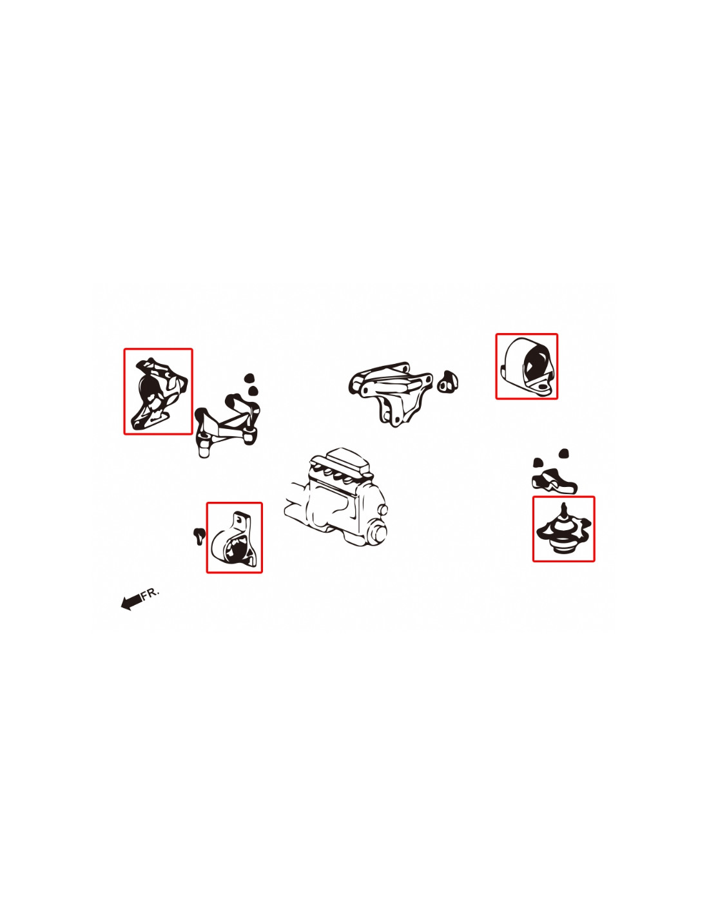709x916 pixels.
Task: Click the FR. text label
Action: (150, 593)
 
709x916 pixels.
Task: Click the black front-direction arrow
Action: (131, 602)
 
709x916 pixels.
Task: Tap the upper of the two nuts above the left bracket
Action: (249, 377)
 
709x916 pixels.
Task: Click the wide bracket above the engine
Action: (390, 392)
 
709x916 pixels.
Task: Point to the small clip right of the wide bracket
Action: (447, 381)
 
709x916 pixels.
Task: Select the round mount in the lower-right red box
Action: (563, 530)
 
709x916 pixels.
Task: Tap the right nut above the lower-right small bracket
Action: (563, 453)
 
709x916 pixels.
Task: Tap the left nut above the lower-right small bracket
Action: (538, 463)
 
